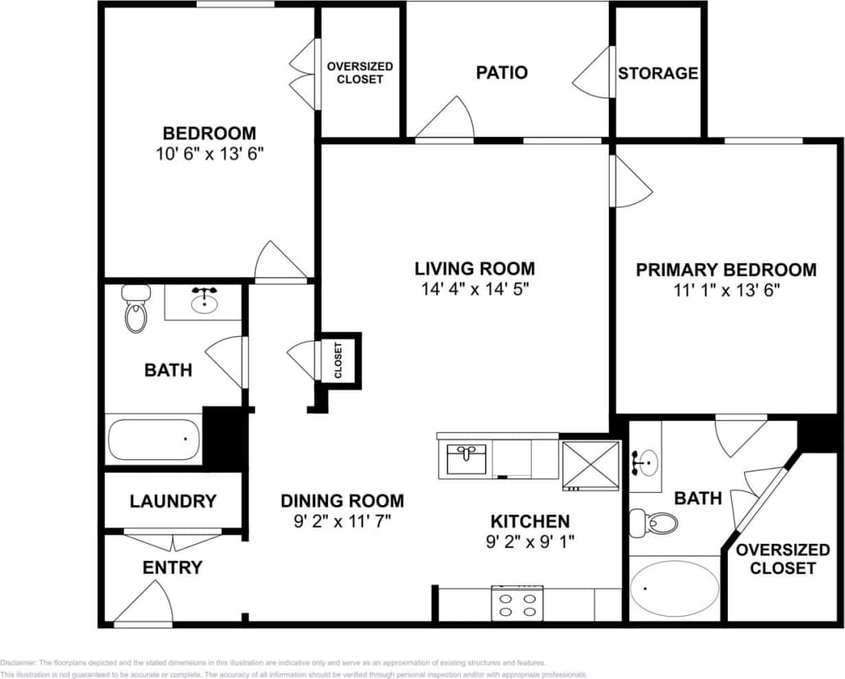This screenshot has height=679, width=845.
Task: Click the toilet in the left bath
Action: [x=135, y=309]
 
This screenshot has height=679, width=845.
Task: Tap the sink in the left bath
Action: [x=203, y=302]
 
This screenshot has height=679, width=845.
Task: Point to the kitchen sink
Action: [x=467, y=458]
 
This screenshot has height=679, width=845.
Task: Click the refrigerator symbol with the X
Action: [x=591, y=465]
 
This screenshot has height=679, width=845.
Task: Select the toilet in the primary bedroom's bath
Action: [x=660, y=522]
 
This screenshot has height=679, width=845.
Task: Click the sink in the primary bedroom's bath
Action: [x=645, y=463]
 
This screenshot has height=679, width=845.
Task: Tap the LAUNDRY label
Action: [x=173, y=501]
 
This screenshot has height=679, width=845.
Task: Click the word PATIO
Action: [x=502, y=72]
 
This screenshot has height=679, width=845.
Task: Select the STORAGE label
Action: [x=657, y=73]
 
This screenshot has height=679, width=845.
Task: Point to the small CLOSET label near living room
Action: [x=338, y=360]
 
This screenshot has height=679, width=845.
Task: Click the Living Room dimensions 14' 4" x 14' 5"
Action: [x=475, y=289]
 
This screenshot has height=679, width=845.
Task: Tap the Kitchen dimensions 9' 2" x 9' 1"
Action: [x=529, y=541]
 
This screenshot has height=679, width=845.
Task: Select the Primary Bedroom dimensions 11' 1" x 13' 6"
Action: [x=726, y=289]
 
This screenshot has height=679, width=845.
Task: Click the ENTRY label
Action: [x=172, y=567]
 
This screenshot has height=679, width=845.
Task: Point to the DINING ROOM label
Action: [x=342, y=500]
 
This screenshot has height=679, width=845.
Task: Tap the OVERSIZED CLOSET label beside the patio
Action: [x=360, y=73]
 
